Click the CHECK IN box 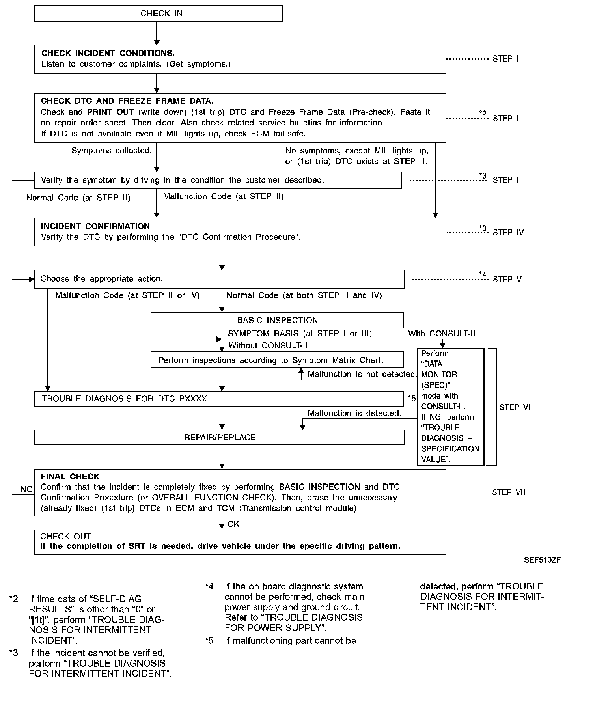coord(159,13)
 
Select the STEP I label coord(505,59)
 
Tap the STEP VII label coord(508,492)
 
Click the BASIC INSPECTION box coord(277,320)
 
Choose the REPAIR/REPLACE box coord(220,437)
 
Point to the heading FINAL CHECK coord(70,477)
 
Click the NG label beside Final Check coord(26,489)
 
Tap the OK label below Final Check coord(233,524)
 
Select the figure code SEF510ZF coord(542,560)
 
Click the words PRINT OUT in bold coord(110,112)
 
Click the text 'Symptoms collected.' coord(112,151)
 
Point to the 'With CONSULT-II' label coord(442,334)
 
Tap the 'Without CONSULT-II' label coord(268,346)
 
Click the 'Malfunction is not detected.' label coord(362,374)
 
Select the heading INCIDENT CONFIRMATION coord(95,226)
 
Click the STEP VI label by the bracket coord(515,407)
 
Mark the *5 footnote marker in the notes coord(209,641)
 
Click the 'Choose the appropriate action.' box coord(219,279)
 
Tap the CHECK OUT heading coord(65,536)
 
